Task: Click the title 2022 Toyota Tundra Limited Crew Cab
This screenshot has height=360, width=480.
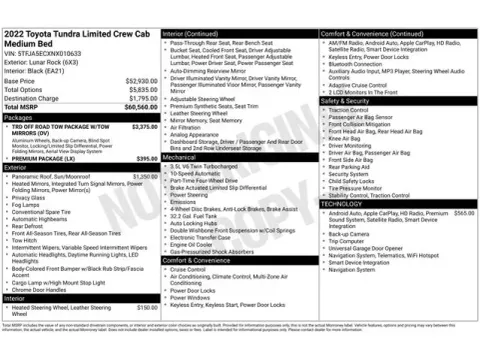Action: click(x=69, y=36)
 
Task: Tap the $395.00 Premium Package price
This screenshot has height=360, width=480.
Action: click(x=146, y=158)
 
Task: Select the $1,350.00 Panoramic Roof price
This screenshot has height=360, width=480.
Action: click(x=144, y=176)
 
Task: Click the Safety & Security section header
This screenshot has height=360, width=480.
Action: click(x=346, y=101)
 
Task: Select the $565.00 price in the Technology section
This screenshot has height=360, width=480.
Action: click(x=463, y=213)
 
